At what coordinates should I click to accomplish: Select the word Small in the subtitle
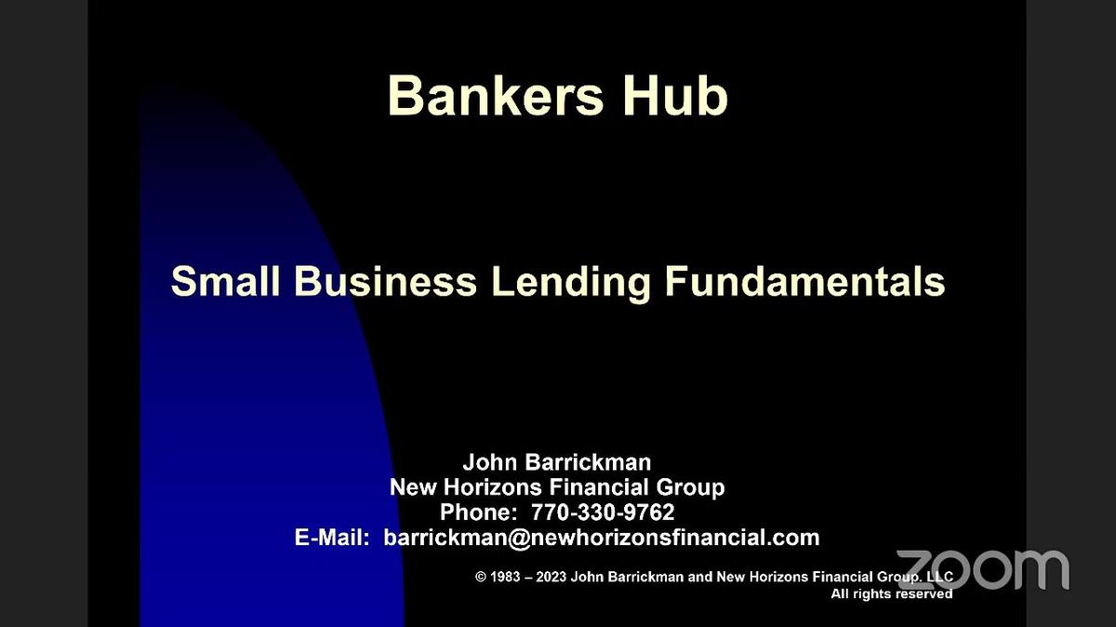pyautogui.click(x=225, y=281)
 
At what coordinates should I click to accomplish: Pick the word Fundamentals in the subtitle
pyautogui.click(x=805, y=281)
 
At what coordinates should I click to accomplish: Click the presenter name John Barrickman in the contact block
pyautogui.click(x=557, y=462)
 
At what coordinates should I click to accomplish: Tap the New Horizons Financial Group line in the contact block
pyautogui.click(x=557, y=487)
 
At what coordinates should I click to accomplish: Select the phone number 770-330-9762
pyautogui.click(x=603, y=513)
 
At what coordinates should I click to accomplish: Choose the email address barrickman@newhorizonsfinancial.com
pyautogui.click(x=601, y=538)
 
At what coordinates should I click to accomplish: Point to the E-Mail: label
pyautogui.click(x=332, y=538)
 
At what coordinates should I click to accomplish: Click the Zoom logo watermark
pyautogui.click(x=983, y=568)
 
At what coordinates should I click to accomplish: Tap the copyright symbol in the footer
pyautogui.click(x=481, y=578)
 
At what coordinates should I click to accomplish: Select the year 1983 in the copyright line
pyautogui.click(x=505, y=578)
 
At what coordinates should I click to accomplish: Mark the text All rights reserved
pyautogui.click(x=891, y=594)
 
